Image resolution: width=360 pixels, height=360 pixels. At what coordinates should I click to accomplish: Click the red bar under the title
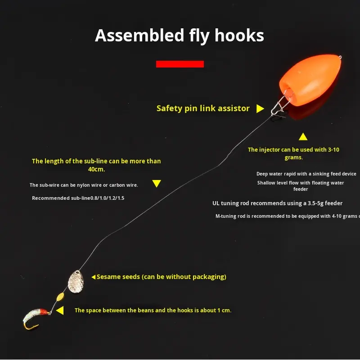180,64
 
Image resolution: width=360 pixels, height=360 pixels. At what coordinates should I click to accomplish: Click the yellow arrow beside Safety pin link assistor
260,108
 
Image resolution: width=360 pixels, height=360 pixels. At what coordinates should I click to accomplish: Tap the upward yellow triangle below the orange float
303,136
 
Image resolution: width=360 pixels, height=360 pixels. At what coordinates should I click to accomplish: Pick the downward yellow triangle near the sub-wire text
156,183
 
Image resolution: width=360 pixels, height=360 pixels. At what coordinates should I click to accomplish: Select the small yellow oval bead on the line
60,297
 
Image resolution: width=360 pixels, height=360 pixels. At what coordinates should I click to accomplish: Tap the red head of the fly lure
44,311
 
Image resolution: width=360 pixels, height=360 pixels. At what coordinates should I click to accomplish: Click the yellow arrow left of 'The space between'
60,310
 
